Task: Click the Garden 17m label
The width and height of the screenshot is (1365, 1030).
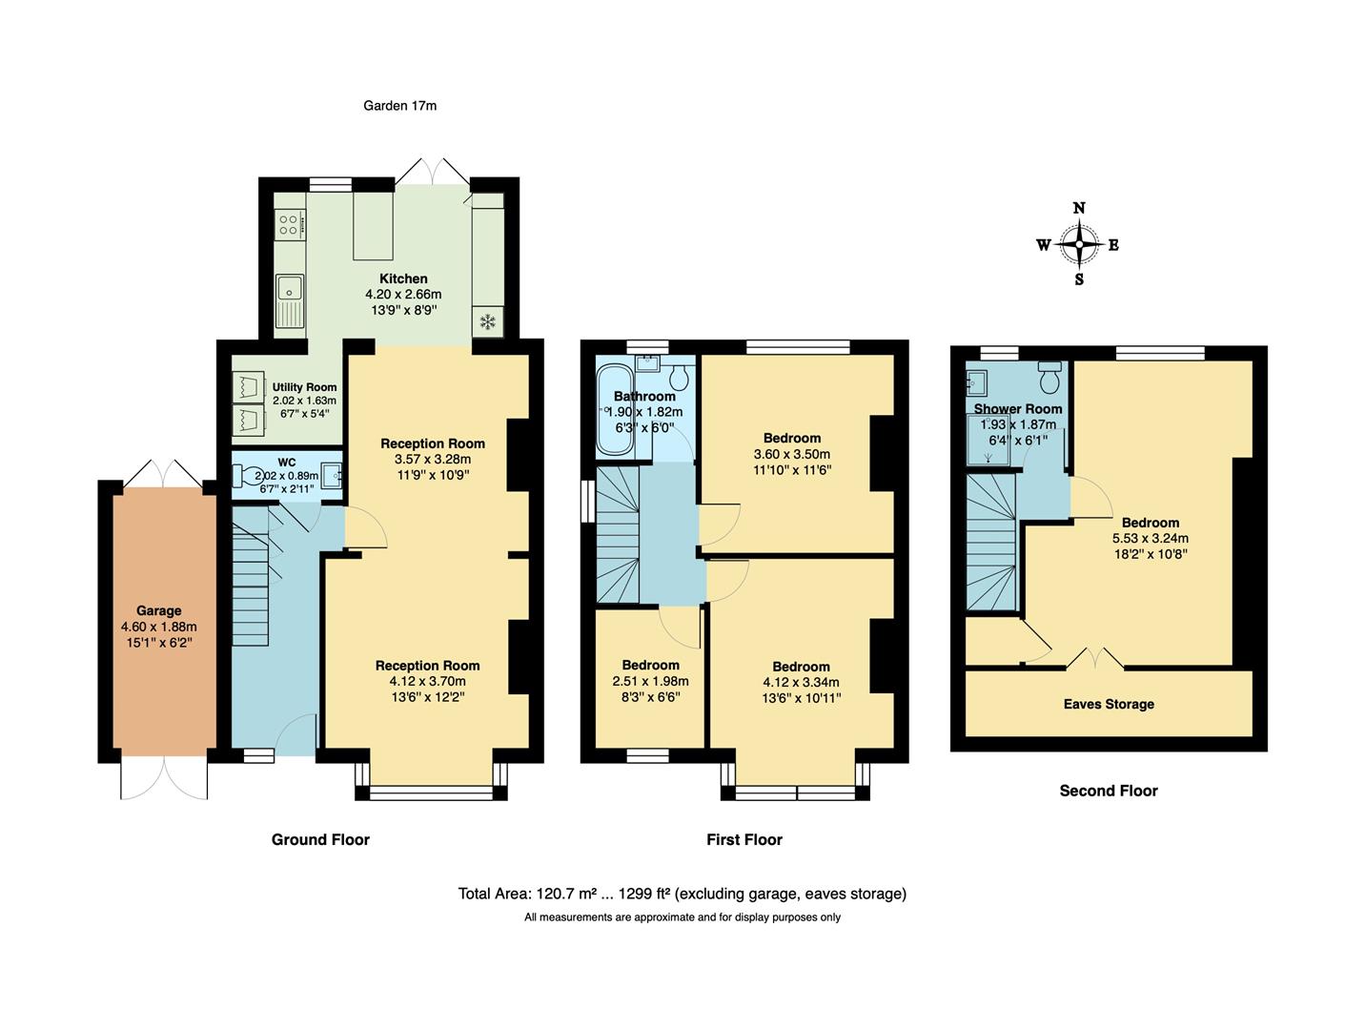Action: pos(399,106)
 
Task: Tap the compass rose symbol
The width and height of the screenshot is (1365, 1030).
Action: pos(1078,244)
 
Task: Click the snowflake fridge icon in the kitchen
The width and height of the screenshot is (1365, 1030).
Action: pos(487,321)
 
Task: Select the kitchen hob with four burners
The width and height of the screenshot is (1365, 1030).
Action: pos(290,225)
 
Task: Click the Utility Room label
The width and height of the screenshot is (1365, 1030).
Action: pos(304,387)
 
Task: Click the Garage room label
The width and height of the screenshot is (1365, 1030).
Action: pos(158,610)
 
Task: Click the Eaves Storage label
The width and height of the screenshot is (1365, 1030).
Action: pos(1108,704)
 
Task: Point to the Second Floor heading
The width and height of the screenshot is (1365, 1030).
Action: pos(1108,791)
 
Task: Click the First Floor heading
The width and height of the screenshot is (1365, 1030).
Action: pos(744,839)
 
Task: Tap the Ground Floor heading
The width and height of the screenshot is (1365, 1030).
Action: pos(320,839)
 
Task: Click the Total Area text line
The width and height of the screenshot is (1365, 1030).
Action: pos(682,894)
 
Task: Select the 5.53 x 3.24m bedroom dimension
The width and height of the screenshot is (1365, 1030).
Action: pos(1150,538)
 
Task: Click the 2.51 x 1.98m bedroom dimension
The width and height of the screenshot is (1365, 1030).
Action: pos(650,681)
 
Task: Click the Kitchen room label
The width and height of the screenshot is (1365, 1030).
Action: pos(403,278)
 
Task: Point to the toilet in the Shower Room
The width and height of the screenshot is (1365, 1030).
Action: pos(1049,379)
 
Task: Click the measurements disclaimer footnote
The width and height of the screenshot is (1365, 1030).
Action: pos(682,917)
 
